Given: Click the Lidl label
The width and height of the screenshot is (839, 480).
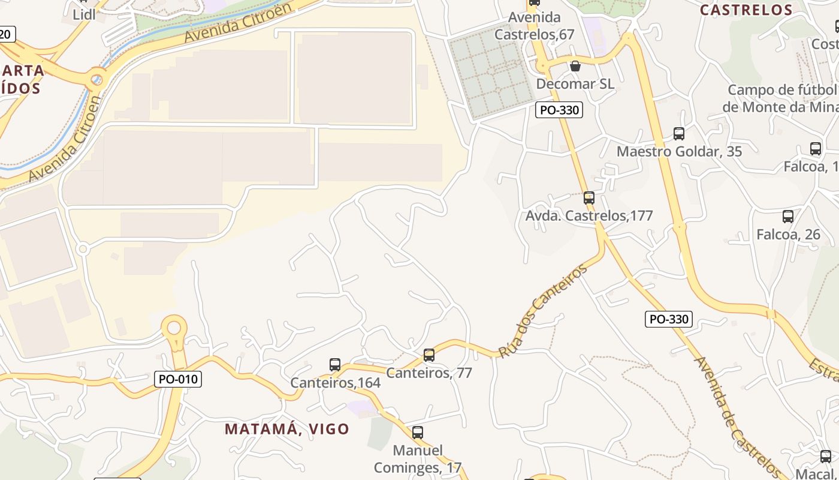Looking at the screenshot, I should (84, 15).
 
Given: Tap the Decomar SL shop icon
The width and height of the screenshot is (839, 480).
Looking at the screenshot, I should (575, 65).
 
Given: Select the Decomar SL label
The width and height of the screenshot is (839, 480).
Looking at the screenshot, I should (575, 84).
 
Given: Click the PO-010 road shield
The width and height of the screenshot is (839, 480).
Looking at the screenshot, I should (178, 379).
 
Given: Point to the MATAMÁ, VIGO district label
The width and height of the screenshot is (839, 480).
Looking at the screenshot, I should (287, 429).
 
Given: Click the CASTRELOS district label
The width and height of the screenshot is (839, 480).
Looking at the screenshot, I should (746, 10).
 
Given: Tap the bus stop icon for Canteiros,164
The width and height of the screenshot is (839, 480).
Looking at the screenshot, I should (335, 364).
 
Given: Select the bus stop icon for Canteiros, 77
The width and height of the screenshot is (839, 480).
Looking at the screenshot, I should (429, 355).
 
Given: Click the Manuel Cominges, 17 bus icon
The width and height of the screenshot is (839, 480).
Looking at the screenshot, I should (418, 432).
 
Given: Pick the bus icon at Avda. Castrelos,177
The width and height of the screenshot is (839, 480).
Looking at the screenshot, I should (589, 197).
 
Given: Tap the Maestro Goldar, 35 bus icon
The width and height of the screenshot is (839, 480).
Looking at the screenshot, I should (679, 133).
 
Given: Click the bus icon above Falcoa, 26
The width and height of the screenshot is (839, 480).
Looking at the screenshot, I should (788, 217).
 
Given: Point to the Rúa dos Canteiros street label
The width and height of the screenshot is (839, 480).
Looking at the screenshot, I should (542, 312).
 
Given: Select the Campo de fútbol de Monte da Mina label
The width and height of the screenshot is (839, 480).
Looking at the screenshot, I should (779, 98).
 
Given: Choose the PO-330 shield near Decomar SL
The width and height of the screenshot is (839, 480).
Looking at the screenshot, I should (559, 110).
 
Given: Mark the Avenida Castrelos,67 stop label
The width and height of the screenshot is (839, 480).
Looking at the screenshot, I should (534, 26).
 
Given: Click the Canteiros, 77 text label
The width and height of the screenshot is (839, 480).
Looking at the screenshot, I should (429, 373).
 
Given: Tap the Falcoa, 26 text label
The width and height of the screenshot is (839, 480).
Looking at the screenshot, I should (788, 234).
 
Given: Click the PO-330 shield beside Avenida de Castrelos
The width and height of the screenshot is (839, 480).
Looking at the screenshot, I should (669, 319).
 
